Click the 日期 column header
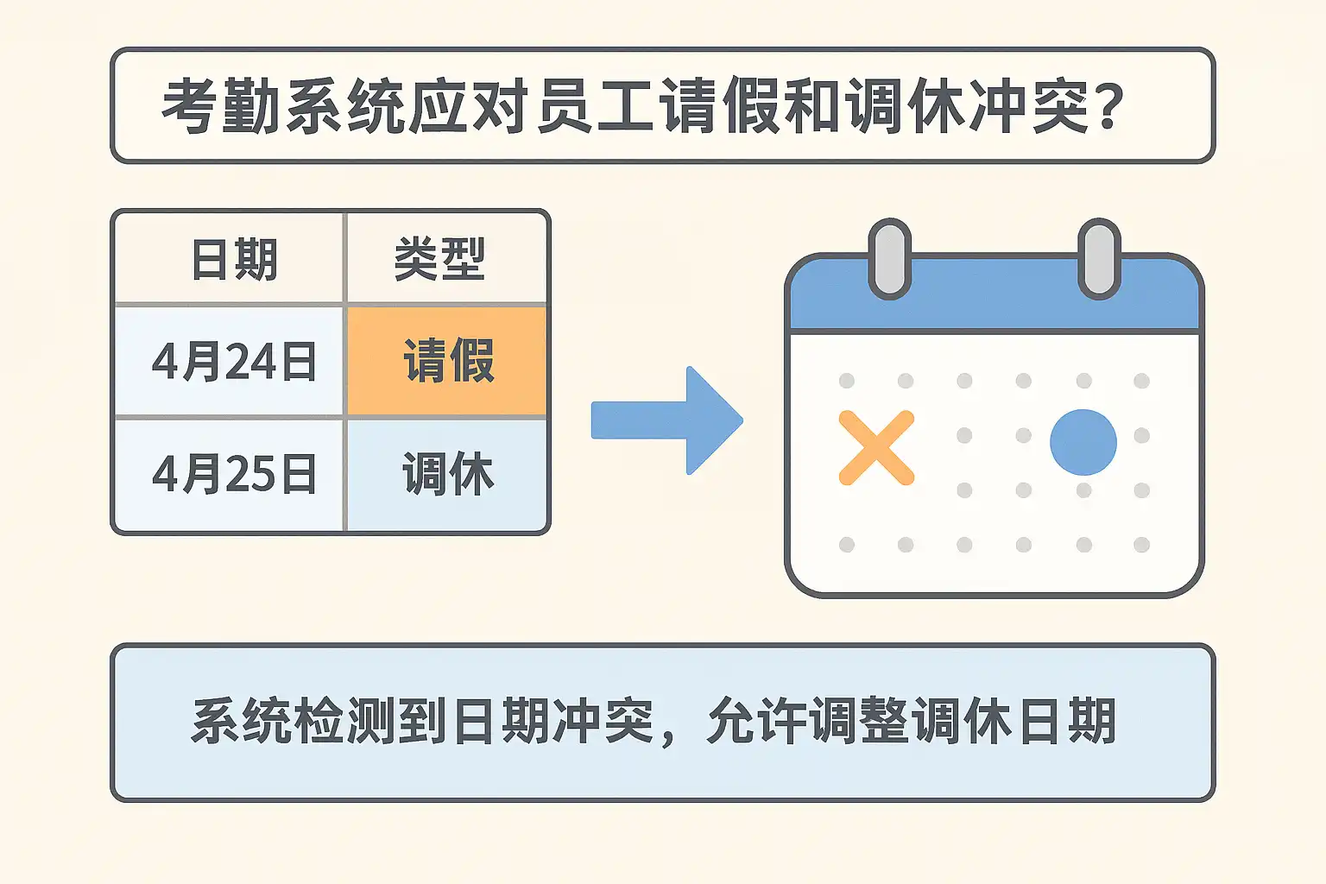tap(235, 259)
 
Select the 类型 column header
tap(439, 259)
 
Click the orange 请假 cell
tap(447, 361)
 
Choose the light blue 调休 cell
tap(447, 475)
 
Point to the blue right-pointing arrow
tap(667, 420)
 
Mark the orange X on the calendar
tap(877, 448)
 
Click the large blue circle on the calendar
tap(1083, 442)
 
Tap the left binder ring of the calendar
tap(890, 259)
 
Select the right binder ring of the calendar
tap(1099, 259)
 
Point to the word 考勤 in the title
tap(221, 106)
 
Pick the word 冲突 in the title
tap(1029, 106)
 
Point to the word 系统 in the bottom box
tap(240, 721)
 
